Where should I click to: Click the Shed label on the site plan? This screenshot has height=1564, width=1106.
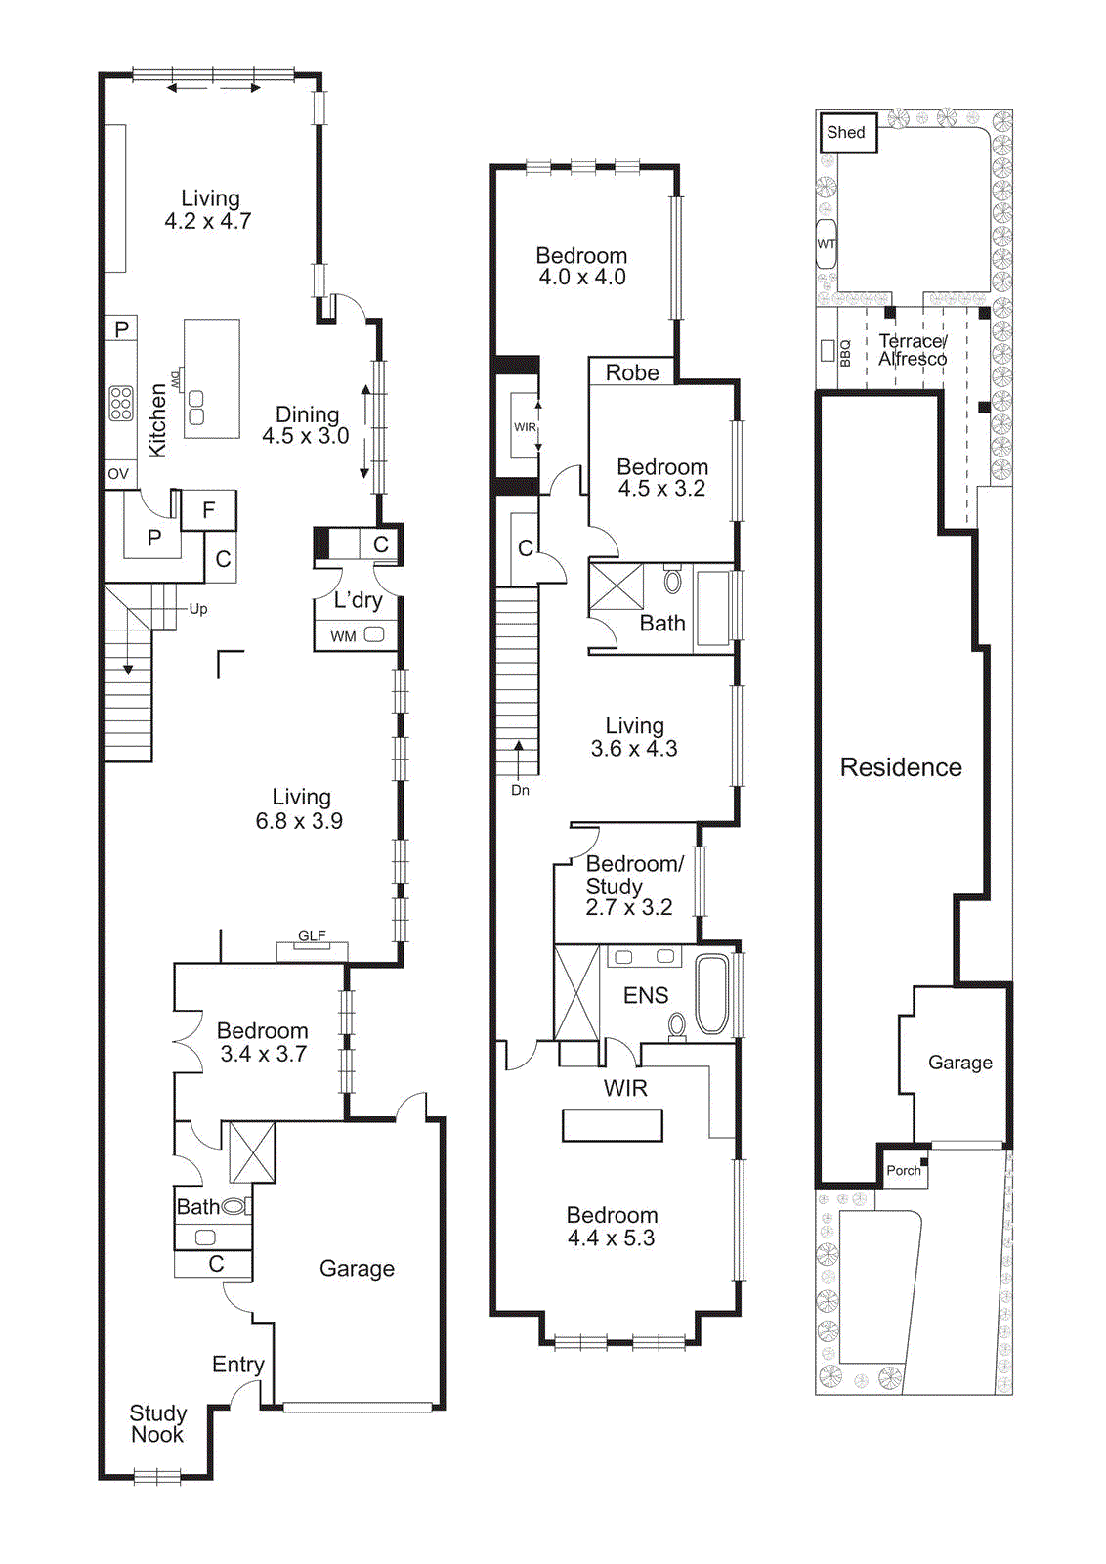tap(845, 133)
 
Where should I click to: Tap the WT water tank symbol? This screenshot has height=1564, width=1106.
tap(827, 244)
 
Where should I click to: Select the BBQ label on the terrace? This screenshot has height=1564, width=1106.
tap(845, 352)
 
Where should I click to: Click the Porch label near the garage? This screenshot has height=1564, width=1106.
tap(903, 1170)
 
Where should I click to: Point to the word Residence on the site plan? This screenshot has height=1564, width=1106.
tap(901, 767)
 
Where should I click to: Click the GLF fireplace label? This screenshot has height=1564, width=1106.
tap(312, 935)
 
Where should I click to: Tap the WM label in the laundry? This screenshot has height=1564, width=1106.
tap(343, 636)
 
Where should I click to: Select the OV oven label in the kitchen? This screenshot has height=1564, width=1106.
tap(118, 474)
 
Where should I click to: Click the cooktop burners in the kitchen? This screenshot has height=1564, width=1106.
tap(121, 403)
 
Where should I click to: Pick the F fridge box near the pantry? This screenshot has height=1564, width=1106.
tap(208, 510)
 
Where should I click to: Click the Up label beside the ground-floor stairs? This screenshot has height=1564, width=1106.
tap(198, 609)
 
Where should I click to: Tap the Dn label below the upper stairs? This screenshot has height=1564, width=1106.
tap(520, 790)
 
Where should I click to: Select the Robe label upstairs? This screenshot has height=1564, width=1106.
tap(632, 372)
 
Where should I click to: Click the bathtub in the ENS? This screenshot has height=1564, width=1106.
tap(712, 994)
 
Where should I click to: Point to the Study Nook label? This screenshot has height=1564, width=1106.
tap(157, 1424)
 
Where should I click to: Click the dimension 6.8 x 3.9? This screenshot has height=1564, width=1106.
tap(299, 821)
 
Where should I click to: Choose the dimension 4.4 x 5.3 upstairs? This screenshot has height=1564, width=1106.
tap(612, 1238)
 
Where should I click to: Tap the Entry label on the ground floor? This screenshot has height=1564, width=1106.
tap(238, 1365)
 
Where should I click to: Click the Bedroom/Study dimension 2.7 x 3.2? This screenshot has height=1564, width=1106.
tap(629, 908)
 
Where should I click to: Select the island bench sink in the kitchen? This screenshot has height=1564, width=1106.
tap(196, 407)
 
